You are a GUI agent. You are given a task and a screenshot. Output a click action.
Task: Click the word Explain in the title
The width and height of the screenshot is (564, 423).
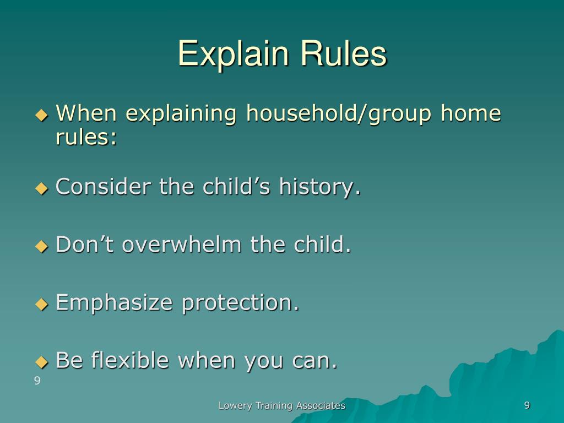233,54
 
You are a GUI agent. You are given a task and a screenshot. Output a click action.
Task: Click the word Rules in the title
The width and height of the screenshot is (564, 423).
344,53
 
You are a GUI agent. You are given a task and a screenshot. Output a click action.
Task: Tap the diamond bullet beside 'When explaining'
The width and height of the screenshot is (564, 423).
42,115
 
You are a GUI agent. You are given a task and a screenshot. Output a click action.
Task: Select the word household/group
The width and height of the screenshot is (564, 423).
339,113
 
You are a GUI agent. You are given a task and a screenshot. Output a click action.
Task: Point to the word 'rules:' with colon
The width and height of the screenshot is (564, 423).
86,137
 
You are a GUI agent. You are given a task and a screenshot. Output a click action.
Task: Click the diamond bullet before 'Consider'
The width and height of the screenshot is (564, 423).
42,188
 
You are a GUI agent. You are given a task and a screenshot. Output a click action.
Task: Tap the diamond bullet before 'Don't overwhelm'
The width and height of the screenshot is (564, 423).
42,246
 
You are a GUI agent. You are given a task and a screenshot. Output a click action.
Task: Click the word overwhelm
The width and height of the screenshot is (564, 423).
182,244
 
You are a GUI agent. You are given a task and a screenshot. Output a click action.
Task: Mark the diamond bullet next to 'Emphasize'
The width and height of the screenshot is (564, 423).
42,304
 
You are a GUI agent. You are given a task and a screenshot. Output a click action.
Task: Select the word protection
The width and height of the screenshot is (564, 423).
240,303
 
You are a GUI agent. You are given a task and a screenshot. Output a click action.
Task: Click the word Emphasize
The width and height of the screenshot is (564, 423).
114,303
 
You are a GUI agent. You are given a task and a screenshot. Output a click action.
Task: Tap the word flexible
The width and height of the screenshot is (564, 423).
130,360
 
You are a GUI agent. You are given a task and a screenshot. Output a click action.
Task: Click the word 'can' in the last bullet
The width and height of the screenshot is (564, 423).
314,361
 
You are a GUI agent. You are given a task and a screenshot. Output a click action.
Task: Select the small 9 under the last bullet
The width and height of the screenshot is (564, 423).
37,381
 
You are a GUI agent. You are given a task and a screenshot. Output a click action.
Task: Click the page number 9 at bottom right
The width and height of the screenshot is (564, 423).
527,405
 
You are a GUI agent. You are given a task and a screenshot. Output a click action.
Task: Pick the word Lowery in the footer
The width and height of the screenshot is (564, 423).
235,406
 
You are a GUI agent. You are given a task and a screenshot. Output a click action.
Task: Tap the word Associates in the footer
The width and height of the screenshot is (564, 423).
321,405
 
